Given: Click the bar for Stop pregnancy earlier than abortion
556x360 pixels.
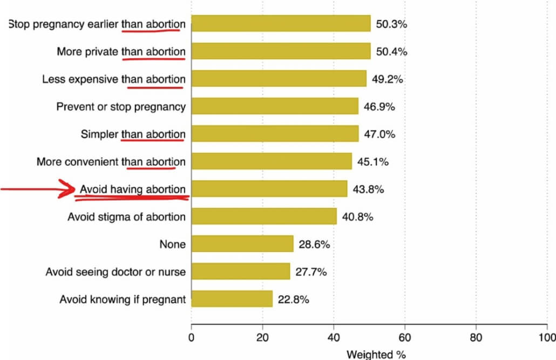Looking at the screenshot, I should [x=281, y=24].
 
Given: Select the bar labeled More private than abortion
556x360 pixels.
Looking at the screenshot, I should [x=281, y=51].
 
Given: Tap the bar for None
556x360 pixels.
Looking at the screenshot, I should [x=242, y=244].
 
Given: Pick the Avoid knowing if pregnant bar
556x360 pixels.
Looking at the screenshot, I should [x=232, y=299].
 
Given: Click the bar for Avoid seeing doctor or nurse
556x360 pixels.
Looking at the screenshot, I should [x=240, y=271].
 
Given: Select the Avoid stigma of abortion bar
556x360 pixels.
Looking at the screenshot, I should [x=263, y=216].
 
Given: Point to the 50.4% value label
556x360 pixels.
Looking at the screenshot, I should [x=391, y=52].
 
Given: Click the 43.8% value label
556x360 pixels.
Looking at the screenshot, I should [x=368, y=189].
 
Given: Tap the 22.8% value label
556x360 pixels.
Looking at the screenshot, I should [x=293, y=300].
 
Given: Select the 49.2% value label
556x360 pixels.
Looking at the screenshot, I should [x=388, y=79].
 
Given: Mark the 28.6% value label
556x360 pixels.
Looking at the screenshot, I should [x=314, y=244].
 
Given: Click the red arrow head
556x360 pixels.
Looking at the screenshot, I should [x=73, y=189].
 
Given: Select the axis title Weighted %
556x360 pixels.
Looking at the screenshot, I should [x=375, y=354].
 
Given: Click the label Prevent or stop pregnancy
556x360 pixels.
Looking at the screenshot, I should [x=121, y=107].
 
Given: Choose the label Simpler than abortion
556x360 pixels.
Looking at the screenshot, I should [x=133, y=134].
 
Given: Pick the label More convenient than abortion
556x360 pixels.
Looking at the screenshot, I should [x=111, y=162].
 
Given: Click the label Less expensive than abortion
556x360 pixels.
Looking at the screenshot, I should [x=113, y=79].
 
